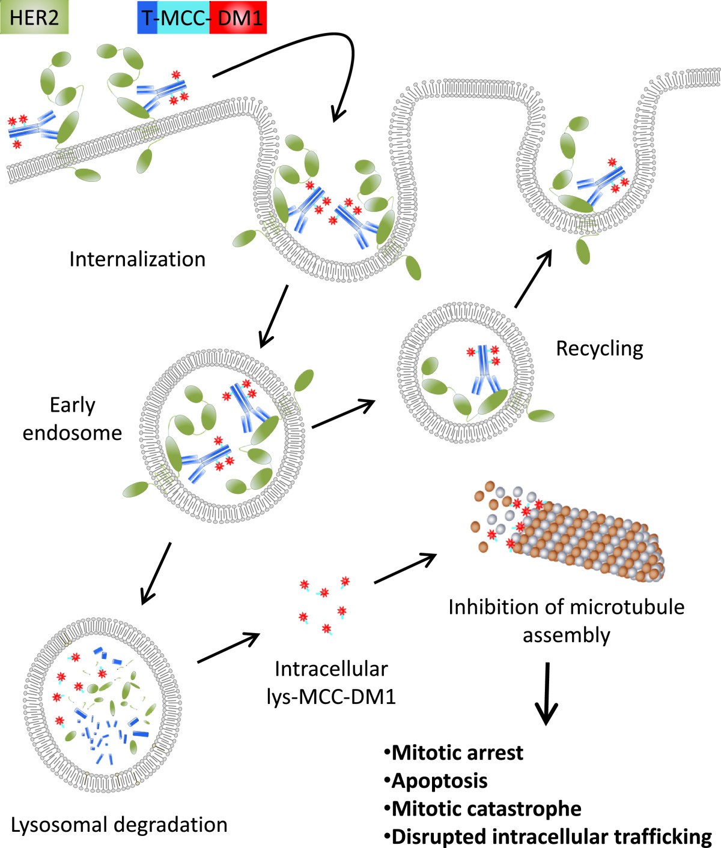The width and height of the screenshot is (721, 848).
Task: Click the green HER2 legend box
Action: coord(34,17)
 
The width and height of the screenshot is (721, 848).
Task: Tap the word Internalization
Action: coord(137,259)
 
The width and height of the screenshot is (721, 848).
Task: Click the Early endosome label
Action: coord(72,418)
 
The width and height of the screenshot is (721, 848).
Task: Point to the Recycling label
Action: coord(599,348)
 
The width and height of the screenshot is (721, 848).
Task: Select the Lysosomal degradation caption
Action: coord(119,824)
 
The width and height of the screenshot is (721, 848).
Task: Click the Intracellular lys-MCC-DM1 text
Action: coord(331,682)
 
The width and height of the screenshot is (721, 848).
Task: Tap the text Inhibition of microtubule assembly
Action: coord(566,621)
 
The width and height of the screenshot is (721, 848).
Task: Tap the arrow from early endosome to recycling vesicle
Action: coord(342,414)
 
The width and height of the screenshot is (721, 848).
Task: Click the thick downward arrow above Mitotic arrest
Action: coord(546,693)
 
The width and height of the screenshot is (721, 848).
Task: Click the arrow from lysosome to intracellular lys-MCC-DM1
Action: coord(228,648)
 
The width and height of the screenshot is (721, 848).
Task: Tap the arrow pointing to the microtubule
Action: coord(405,569)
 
